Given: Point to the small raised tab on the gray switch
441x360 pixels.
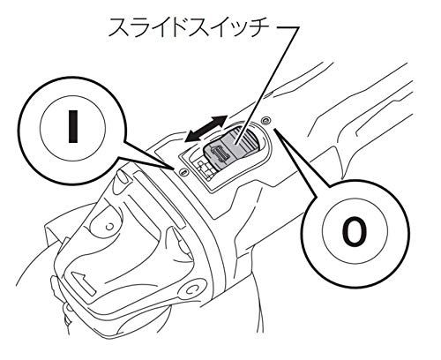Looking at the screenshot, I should [x=222, y=158].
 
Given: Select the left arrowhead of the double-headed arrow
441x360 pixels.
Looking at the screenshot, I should [x=187, y=136].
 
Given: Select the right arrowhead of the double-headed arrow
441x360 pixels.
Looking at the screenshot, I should [x=230, y=119].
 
